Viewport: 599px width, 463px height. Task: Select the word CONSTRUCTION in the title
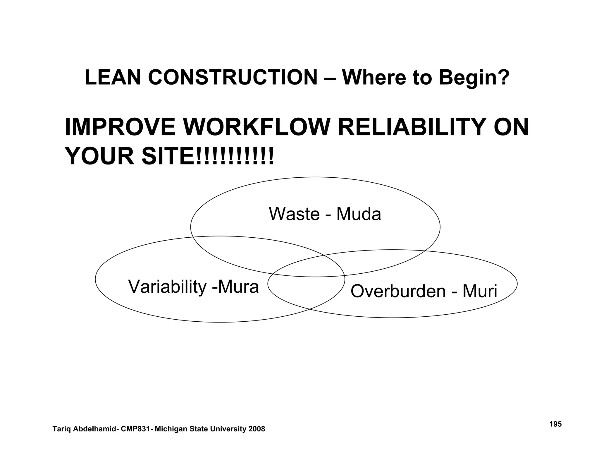pyautogui.click(x=233, y=78)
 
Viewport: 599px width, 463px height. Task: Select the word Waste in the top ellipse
pyautogui.click(x=294, y=214)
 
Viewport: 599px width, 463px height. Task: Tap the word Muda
pyautogui.click(x=359, y=214)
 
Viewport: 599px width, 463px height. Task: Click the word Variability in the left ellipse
pyautogui.click(x=167, y=287)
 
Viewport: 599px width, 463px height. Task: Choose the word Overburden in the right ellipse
pyautogui.click(x=398, y=291)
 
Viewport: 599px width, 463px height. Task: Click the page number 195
pyautogui.click(x=555, y=424)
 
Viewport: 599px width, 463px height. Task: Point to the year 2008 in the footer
pyautogui.click(x=257, y=429)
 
